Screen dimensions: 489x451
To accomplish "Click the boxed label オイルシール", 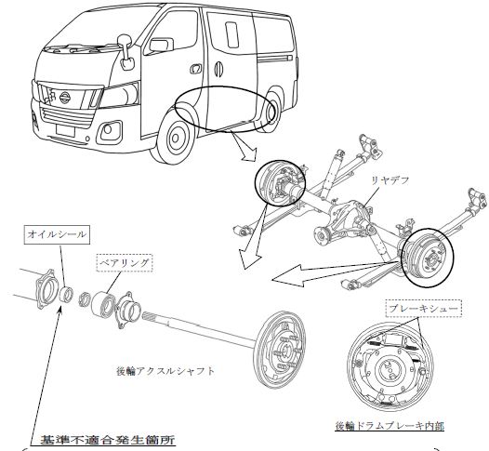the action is point(57,234).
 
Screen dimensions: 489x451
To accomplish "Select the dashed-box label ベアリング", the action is point(125,263).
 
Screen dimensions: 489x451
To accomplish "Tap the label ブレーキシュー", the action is point(424,309).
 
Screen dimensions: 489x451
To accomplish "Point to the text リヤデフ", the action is point(389,180).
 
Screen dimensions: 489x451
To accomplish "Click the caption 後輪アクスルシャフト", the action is point(165,371).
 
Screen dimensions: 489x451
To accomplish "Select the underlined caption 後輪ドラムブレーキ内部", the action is point(390,425).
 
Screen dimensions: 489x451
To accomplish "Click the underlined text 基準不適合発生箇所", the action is point(108,440).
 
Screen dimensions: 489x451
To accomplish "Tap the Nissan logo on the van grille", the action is point(65,98).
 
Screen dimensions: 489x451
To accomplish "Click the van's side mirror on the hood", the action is point(126,52).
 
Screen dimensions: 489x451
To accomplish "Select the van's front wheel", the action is point(176,137).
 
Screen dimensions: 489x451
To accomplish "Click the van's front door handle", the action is point(196,69).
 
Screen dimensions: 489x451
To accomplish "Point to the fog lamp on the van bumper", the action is point(108,129).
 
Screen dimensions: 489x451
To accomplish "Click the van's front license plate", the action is point(65,130).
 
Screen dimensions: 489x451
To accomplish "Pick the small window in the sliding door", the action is point(231,34).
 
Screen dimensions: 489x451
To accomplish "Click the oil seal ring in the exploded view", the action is point(66,295).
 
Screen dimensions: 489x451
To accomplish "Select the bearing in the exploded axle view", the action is point(103,301).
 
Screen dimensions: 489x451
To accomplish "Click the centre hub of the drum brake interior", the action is point(390,370).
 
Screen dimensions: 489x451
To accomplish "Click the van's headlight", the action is point(120,94).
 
